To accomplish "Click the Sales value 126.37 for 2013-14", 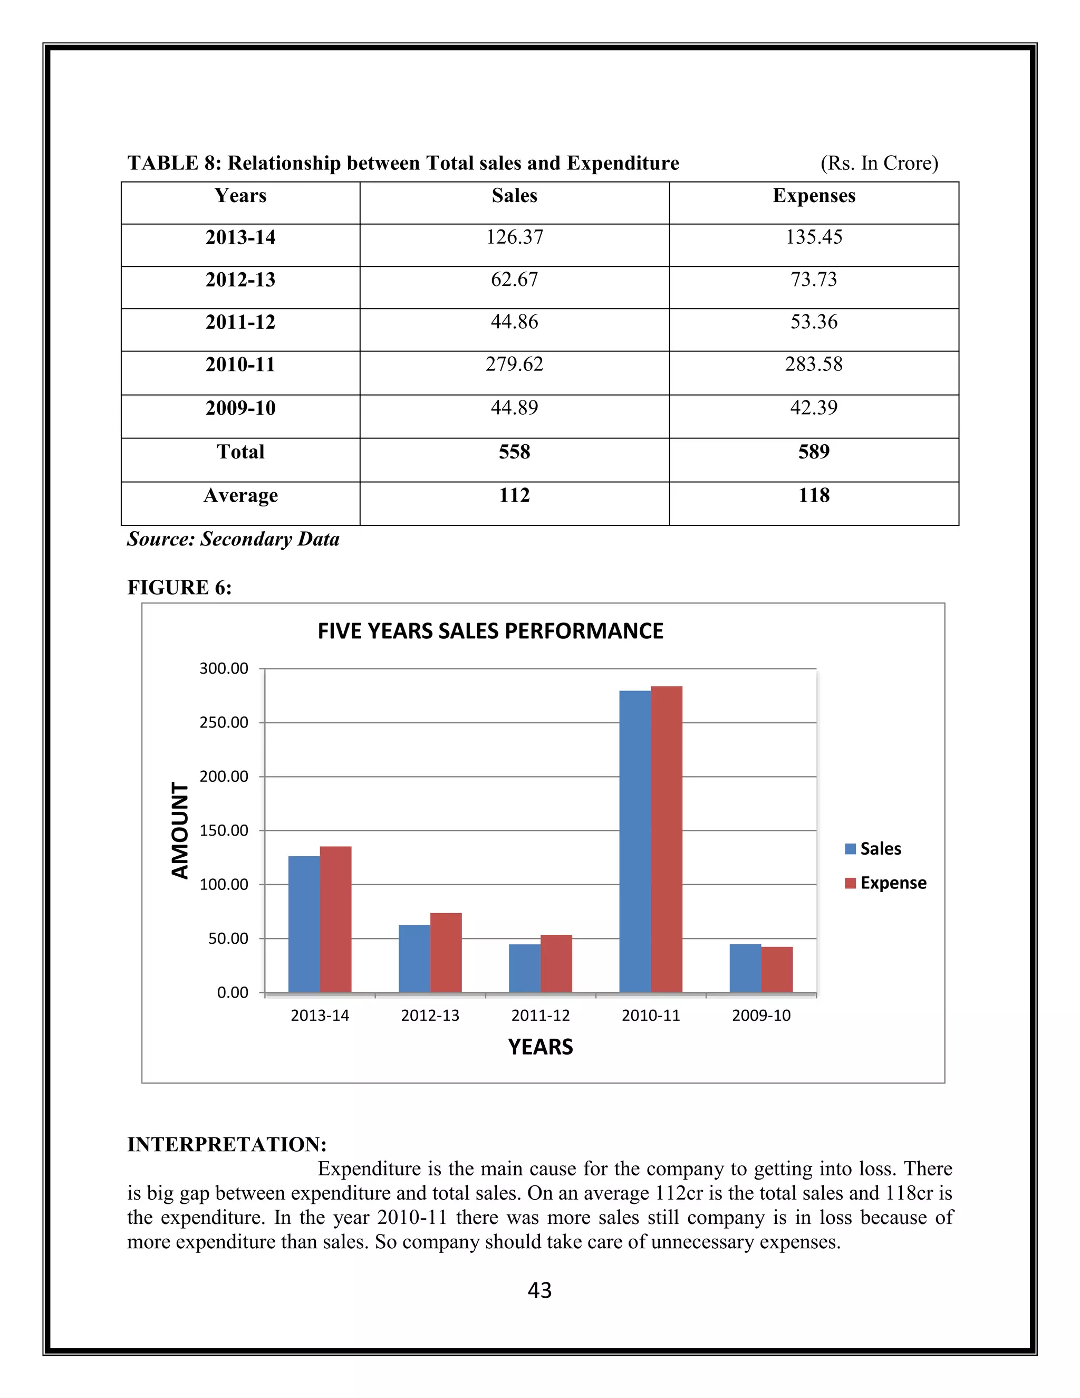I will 514,237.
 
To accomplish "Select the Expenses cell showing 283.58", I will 813,364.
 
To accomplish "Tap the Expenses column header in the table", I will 813,195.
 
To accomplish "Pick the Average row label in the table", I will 240,495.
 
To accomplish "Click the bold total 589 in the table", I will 813,452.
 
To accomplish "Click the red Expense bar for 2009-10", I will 777,969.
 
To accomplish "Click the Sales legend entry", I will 873,849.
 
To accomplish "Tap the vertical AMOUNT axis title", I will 180,830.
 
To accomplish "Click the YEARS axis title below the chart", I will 540,1047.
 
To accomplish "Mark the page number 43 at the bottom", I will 539,1290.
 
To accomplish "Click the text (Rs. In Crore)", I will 879,163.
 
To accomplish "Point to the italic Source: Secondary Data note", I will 233,539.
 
